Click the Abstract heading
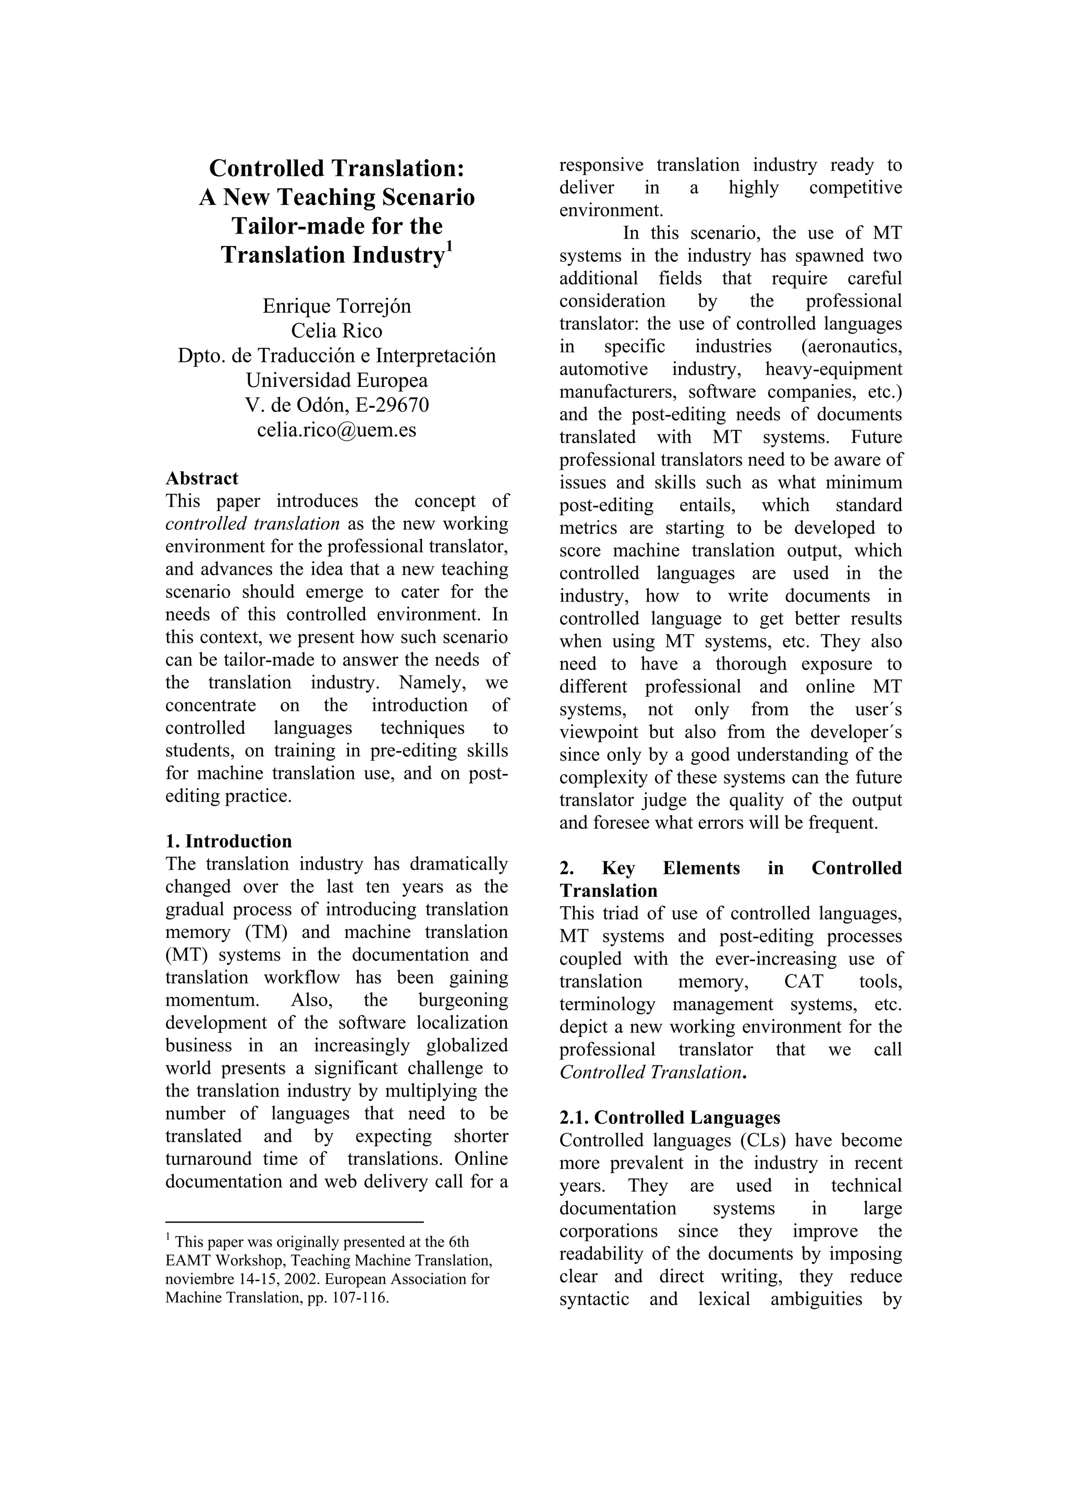pyautogui.click(x=201, y=478)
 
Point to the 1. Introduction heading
pyautogui.click(x=228, y=841)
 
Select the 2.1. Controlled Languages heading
pyautogui.click(x=670, y=1117)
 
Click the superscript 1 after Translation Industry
pyautogui.click(x=450, y=246)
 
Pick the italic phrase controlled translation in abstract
pyautogui.click(x=252, y=523)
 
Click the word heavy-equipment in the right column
pyautogui.click(x=833, y=369)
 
